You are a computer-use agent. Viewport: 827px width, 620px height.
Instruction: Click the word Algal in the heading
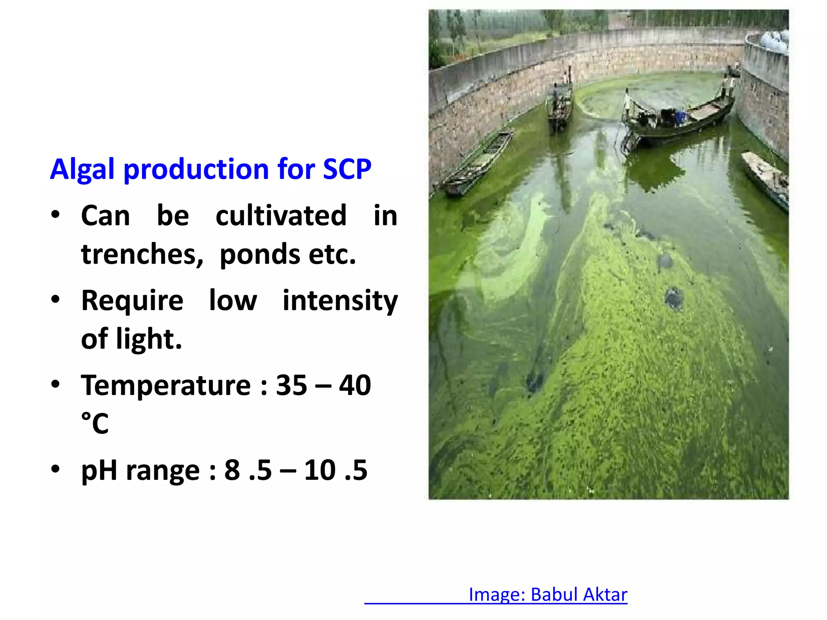tap(83, 169)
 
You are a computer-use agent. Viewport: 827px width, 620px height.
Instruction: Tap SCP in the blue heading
tap(347, 169)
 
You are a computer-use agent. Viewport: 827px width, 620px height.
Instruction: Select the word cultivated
tap(281, 216)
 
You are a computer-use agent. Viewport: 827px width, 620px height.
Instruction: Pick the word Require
tap(132, 301)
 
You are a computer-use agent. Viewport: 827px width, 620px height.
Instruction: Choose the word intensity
tap(340, 301)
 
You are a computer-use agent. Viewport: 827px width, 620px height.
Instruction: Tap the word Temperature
tap(166, 385)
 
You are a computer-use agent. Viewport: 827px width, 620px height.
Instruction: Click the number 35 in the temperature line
tap(291, 385)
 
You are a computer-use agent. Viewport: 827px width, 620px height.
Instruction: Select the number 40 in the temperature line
tap(355, 385)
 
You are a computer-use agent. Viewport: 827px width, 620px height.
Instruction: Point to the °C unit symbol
tap(95, 423)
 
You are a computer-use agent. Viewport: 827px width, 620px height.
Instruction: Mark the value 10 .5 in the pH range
tap(336, 470)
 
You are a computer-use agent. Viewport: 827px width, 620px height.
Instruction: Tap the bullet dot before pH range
tap(55, 469)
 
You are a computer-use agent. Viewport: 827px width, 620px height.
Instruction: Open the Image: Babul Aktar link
tap(548, 595)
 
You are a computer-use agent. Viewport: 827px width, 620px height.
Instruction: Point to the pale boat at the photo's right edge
tap(766, 178)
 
